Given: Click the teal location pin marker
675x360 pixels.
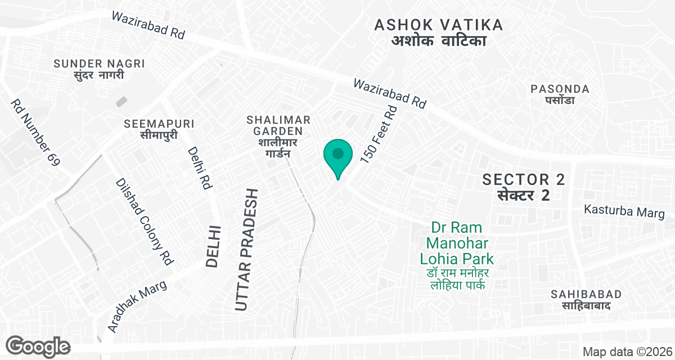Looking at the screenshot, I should point(337,155).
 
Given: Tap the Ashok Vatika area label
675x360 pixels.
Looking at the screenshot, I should point(438,33).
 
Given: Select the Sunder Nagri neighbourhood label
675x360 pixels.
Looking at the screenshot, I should point(99,69).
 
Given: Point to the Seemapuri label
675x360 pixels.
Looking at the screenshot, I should point(159,129).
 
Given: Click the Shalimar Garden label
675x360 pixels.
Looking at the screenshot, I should point(278,137).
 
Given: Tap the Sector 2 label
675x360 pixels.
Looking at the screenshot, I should point(523,187).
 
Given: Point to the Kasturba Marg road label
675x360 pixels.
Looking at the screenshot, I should point(624,211).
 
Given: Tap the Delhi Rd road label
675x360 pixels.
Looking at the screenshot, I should point(200,167).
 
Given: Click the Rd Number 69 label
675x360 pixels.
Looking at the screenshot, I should point(35,133).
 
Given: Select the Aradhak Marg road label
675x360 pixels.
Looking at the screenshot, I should point(137,306).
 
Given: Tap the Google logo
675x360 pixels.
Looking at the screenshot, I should point(38,346).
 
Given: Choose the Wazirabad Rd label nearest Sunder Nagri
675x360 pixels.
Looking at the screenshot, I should point(148,25).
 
